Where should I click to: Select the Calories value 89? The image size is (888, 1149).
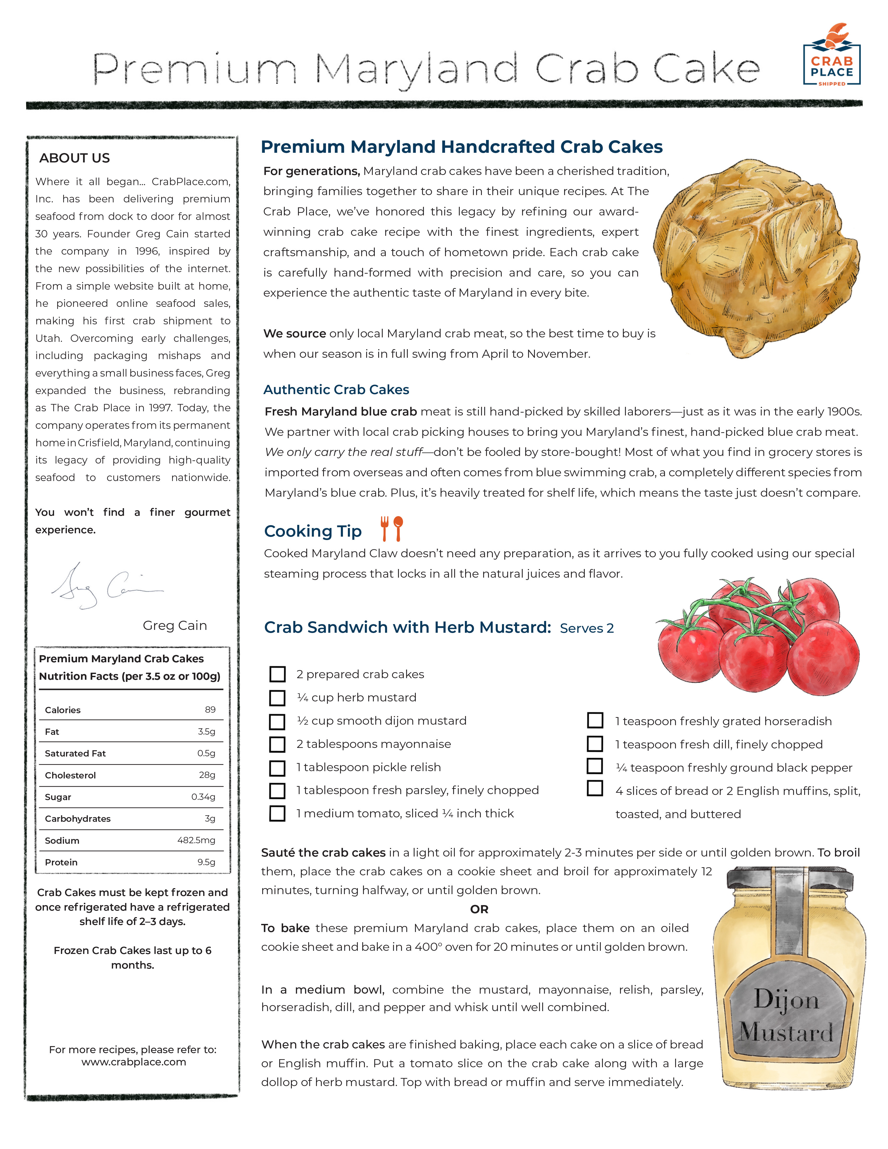(210, 710)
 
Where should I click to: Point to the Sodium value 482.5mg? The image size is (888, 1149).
(196, 840)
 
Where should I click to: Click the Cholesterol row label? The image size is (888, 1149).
(71, 775)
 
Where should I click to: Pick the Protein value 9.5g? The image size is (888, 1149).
(206, 862)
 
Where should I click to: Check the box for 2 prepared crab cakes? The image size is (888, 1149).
(277, 674)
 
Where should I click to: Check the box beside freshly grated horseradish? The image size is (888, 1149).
(595, 720)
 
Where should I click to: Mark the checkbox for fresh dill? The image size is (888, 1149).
(595, 744)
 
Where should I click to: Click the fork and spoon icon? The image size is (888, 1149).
(392, 529)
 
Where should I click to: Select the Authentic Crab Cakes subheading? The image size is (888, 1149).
(336, 389)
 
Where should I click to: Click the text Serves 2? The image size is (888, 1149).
(587, 628)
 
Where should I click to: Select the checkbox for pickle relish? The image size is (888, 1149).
(277, 767)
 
